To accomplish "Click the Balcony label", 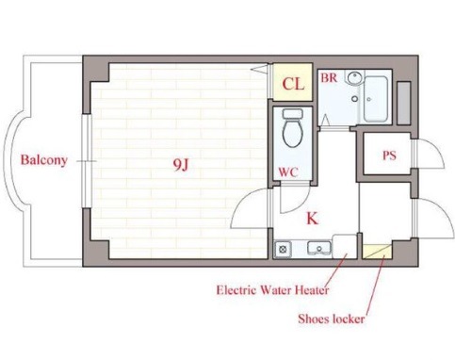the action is [x=44, y=160].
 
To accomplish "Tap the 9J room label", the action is [x=181, y=164].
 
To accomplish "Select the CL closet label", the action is [x=293, y=84].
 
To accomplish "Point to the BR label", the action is [x=329, y=77].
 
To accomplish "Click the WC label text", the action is [x=288, y=172].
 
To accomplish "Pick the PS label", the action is [x=389, y=155].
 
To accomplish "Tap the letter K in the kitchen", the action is [x=312, y=219].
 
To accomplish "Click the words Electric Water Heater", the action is [x=272, y=289].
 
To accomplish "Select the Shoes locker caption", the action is [x=332, y=319].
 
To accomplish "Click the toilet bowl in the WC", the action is [x=293, y=132].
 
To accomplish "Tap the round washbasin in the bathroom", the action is [x=354, y=77].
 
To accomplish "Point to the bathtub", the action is [x=376, y=99].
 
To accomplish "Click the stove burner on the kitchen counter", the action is [x=283, y=250].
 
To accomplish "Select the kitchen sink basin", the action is [x=319, y=249].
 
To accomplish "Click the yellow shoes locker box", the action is [x=377, y=252].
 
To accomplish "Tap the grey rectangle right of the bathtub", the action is [x=404, y=103].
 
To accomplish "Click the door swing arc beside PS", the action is [x=432, y=149].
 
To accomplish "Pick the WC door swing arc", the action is [x=299, y=204].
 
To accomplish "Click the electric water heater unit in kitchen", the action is [x=345, y=246].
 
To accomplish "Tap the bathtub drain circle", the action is [x=369, y=100].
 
